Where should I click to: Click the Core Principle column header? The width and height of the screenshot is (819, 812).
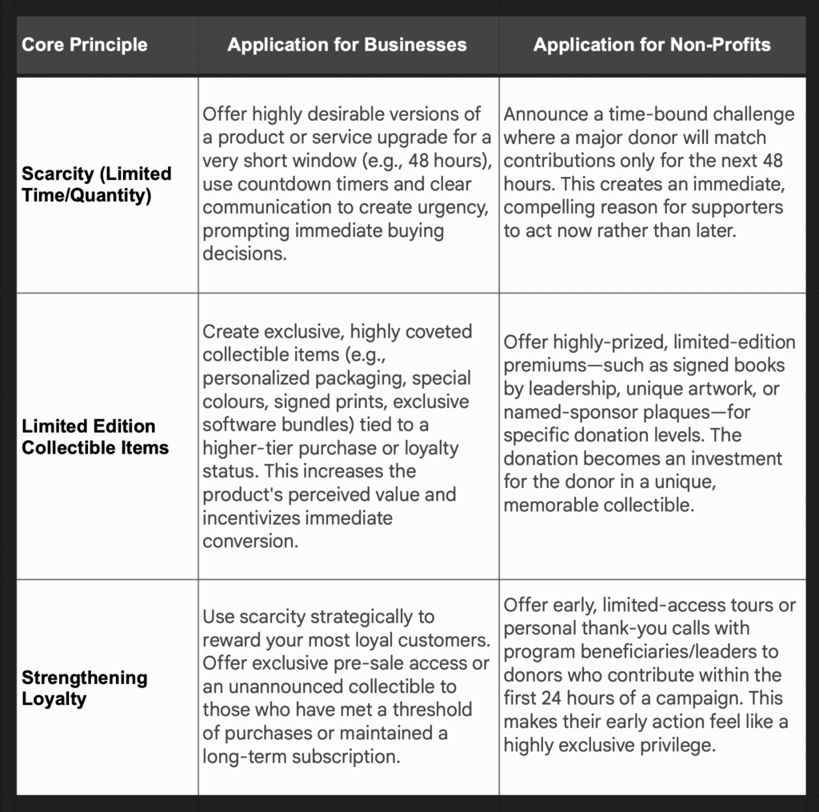tap(84, 45)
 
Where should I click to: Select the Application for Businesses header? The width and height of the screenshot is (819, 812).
tap(347, 45)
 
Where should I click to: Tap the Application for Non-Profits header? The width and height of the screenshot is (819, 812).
tap(652, 45)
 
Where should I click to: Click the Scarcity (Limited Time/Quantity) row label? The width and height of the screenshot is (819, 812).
tap(96, 184)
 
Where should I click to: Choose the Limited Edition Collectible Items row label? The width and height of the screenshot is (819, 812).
tap(95, 437)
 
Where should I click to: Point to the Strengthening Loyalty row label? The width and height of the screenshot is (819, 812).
tap(84, 688)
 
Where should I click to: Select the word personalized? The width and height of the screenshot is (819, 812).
tap(257, 378)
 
